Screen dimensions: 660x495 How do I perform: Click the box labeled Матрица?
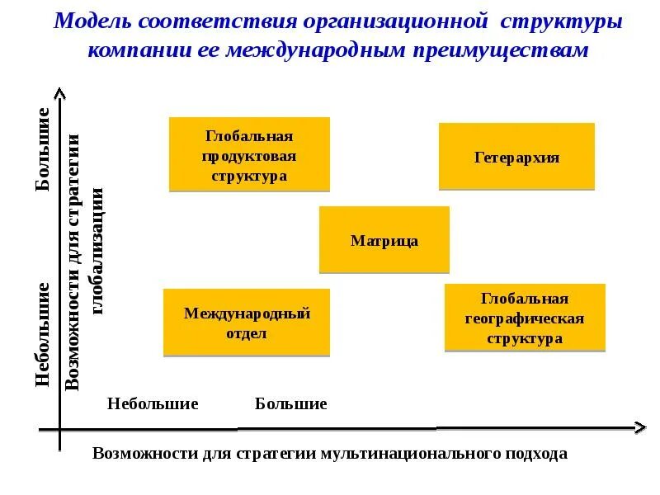tap(384, 240)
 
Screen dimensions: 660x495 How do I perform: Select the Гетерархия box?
tap(516, 157)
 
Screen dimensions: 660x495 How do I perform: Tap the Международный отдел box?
tap(247, 323)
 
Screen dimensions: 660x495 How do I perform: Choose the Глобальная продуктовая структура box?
tap(249, 155)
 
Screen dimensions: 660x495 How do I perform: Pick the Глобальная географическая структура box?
tap(525, 318)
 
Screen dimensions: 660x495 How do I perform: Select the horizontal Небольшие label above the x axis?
tap(153, 404)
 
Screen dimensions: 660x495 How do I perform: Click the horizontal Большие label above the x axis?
tap(290, 404)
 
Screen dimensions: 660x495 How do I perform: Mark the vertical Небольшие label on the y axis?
tap(43, 334)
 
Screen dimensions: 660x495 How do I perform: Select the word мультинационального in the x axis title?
tap(403, 454)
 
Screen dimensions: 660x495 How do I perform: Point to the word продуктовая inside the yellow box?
tap(249, 155)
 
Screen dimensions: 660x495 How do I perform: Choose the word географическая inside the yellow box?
tap(525, 318)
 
